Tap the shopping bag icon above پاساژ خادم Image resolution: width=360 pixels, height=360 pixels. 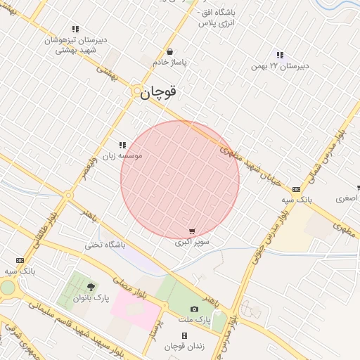pos(170,51)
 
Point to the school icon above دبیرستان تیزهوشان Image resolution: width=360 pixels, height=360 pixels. pos(75,30)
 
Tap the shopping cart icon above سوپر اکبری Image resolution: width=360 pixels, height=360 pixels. pos(192,231)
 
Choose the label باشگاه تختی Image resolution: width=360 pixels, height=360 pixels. pos(105,245)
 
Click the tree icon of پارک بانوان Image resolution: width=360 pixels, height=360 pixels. pos(91,287)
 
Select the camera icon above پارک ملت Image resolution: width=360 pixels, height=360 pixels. pos(194,309)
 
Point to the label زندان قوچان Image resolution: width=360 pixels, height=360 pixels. pos(184,347)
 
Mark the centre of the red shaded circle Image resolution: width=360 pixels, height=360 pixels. pos(180,180)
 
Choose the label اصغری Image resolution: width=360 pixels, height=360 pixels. pos(346,199)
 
